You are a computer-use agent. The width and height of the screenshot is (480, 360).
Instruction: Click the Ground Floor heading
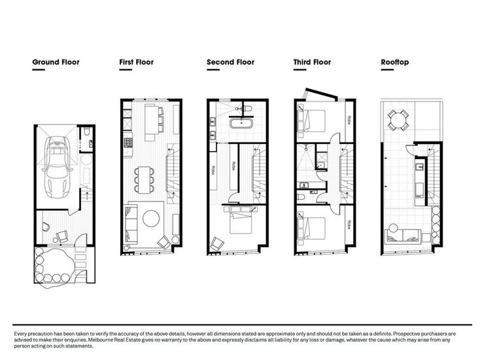click(56, 62)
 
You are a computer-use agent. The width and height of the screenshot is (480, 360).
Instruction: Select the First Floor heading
click(136, 62)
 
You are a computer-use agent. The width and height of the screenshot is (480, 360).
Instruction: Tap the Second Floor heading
click(230, 62)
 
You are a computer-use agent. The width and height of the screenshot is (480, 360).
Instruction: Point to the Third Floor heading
click(312, 62)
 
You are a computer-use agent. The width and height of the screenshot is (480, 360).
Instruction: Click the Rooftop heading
click(395, 62)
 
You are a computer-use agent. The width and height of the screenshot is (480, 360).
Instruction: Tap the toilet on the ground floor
click(86, 132)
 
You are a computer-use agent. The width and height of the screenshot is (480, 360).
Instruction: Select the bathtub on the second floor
click(241, 124)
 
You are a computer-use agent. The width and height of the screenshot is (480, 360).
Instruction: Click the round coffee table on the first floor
click(151, 218)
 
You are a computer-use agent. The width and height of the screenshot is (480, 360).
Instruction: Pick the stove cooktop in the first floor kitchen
click(128, 142)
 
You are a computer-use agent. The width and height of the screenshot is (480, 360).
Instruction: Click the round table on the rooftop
click(398, 120)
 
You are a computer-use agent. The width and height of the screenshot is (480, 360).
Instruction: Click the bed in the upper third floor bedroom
click(311, 120)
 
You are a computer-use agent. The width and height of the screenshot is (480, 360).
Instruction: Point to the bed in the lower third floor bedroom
click(311, 228)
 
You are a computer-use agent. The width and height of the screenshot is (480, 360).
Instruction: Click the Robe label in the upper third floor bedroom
click(349, 120)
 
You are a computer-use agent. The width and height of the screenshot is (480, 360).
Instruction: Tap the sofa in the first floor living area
click(131, 225)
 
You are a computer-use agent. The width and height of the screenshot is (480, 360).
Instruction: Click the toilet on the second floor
click(247, 109)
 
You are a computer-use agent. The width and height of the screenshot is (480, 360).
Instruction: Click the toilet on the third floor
click(300, 197)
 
